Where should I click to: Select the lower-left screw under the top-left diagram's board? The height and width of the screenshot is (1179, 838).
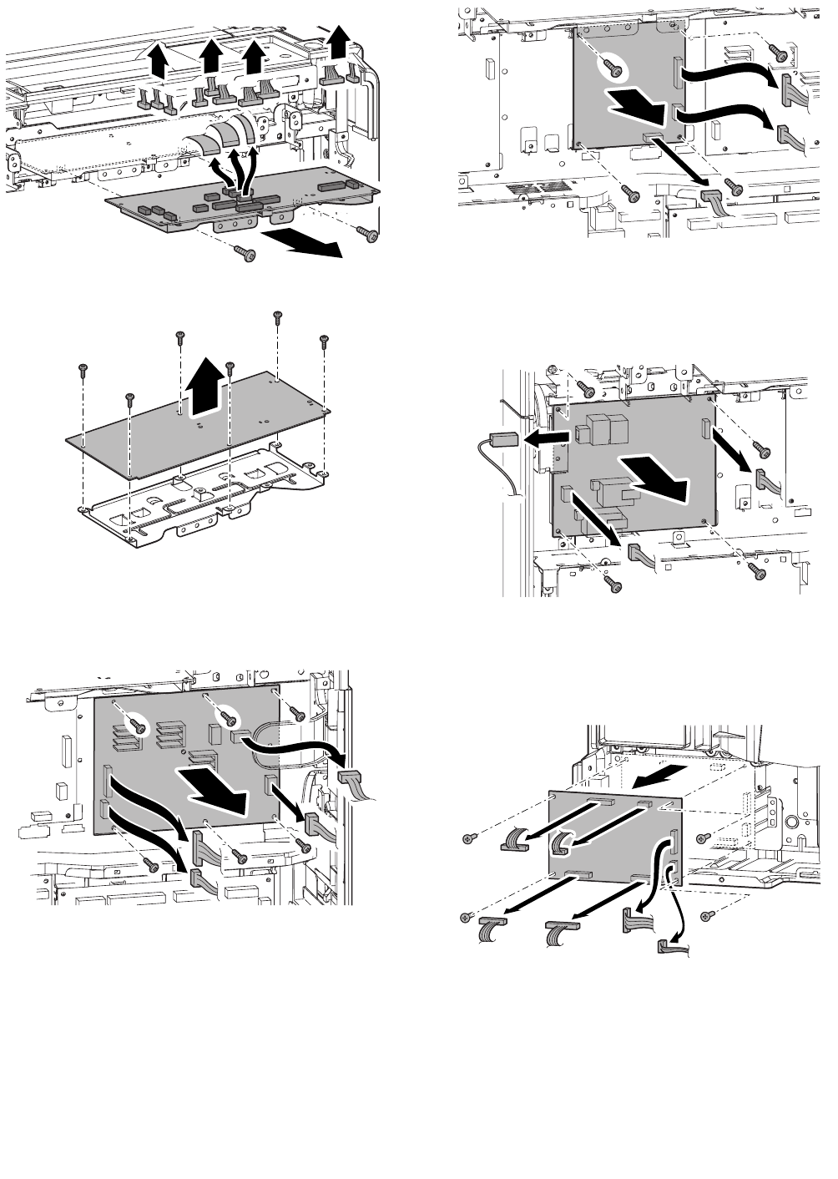point(243,252)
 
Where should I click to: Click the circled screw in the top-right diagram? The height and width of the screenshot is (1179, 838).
point(613,70)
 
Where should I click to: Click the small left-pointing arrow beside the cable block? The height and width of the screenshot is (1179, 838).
point(541,438)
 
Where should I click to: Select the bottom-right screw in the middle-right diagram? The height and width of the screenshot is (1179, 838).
point(757,571)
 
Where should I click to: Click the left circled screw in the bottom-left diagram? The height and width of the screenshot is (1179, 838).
point(139,726)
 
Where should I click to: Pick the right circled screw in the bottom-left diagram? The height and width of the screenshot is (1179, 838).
point(226,717)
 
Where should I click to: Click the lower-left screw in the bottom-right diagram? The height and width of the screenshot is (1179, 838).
point(467,918)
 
